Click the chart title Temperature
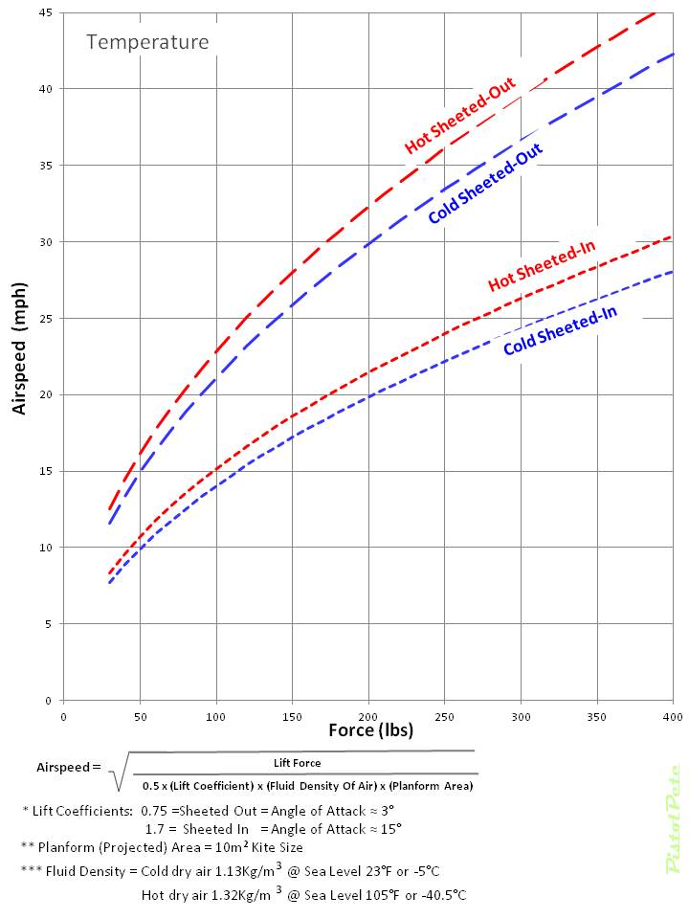coord(147,42)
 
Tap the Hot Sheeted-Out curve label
coord(460,115)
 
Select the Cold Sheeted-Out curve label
coord(485,184)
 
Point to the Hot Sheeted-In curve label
coord(542,266)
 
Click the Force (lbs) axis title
coord(370,731)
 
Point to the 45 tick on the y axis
coord(46,12)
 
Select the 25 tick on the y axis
coord(46,318)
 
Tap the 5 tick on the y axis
coord(49,624)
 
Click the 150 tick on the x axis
coord(292,715)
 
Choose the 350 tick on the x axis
coord(597,715)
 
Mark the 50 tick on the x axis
coord(140,715)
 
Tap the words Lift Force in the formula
coord(297,763)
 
